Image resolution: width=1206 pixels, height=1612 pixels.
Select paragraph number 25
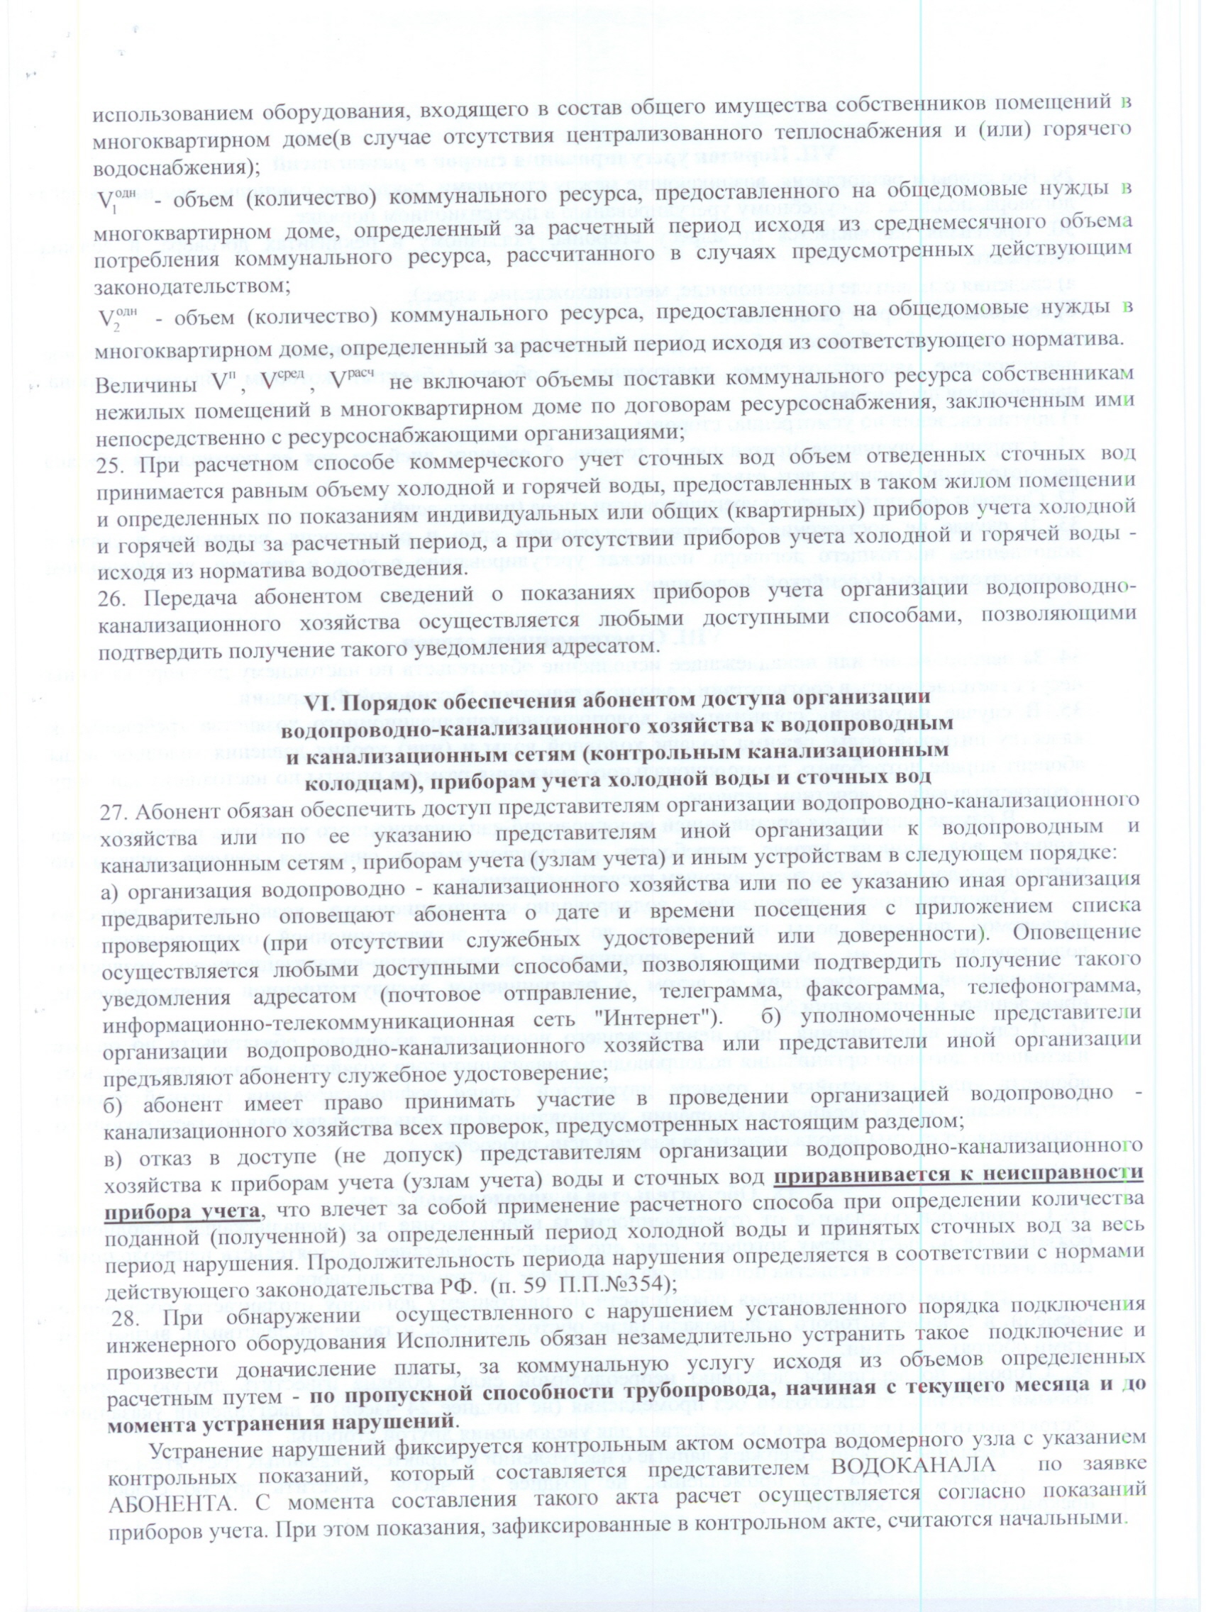pyautogui.click(x=109, y=460)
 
